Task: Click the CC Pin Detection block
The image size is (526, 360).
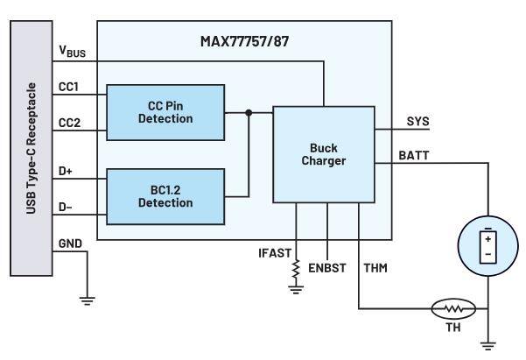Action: tap(165, 112)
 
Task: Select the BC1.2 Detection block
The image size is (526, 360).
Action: tap(165, 195)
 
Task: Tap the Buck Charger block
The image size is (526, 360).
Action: tap(323, 154)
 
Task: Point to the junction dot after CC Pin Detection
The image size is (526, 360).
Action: tap(249, 112)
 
